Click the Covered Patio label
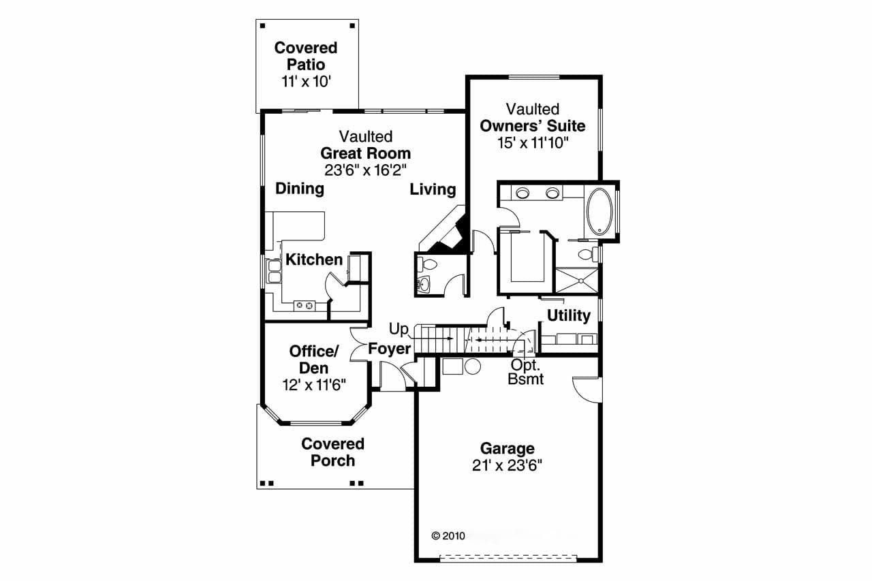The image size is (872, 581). point(305,56)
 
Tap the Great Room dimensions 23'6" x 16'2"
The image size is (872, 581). point(365,170)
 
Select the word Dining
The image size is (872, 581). point(299,189)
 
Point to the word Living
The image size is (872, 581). point(433,189)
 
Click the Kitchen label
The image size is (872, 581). point(313,260)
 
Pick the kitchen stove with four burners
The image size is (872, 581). point(305,306)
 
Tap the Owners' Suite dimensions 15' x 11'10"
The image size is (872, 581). point(532,143)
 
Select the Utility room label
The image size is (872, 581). point(568,315)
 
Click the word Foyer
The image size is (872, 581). point(390,349)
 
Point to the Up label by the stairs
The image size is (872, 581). point(399,330)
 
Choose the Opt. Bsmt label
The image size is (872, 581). point(526,372)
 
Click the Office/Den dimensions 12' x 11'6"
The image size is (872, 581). point(314,385)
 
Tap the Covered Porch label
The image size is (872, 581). point(332,452)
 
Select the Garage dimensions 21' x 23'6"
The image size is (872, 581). point(507,465)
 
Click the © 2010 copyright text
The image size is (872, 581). point(448,535)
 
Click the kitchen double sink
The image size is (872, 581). point(273,272)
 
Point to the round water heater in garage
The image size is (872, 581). point(472,366)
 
